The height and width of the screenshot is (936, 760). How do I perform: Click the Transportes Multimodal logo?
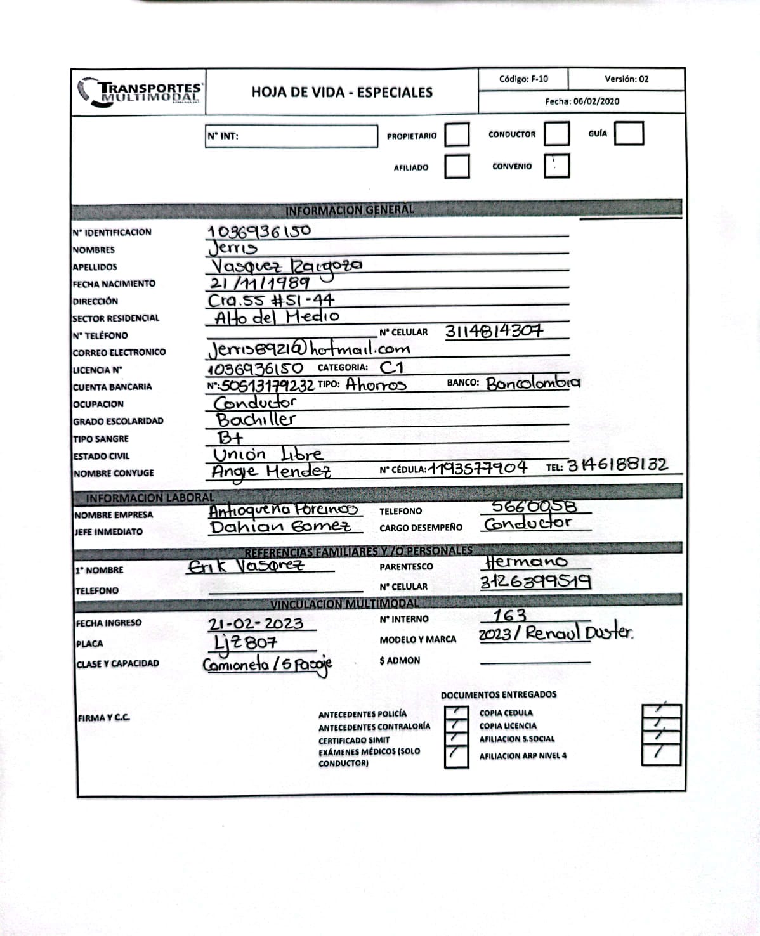coord(140,93)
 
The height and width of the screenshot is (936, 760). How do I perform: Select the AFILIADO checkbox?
coord(457,167)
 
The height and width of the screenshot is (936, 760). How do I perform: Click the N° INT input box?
coord(291,136)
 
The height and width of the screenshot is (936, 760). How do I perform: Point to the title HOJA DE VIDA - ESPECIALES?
coord(342,93)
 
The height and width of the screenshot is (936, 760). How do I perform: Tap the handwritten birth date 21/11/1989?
coord(259,283)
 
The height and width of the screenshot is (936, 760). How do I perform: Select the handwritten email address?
coord(309,348)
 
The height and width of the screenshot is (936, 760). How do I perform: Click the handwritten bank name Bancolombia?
coord(533,383)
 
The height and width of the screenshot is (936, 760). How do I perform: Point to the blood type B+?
coord(230,438)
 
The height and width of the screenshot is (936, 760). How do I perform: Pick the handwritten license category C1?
coord(391,367)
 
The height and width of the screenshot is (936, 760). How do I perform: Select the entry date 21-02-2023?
coord(256,623)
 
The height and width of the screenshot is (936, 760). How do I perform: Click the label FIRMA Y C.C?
coord(104,718)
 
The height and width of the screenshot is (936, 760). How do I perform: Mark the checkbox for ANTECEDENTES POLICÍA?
coord(456,713)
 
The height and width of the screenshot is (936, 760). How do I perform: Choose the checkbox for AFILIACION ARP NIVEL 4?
coord(660,753)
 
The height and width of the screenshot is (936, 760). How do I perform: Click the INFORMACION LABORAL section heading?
coord(150,498)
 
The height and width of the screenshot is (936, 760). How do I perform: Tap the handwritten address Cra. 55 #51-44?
coord(271,300)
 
